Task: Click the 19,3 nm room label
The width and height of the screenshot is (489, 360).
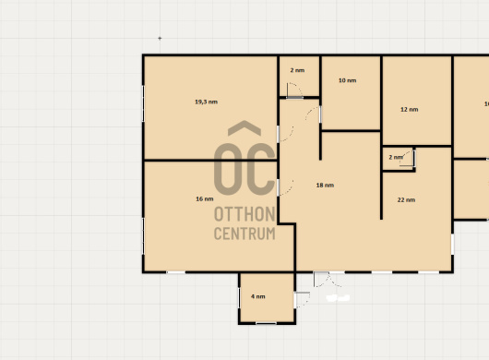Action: click(x=206, y=102)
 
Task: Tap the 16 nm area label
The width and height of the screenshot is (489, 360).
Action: click(x=205, y=198)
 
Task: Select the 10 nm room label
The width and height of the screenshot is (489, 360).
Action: click(x=348, y=80)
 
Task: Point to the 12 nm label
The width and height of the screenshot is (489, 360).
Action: click(x=409, y=110)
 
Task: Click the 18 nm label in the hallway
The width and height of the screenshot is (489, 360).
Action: click(x=325, y=186)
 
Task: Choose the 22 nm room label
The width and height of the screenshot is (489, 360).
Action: click(x=406, y=200)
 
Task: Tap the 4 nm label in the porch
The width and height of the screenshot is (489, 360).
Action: click(x=258, y=296)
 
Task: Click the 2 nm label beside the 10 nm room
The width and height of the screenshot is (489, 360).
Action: click(x=297, y=70)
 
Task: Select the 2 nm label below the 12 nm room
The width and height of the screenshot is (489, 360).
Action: click(x=396, y=157)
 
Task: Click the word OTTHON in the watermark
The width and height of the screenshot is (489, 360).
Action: click(x=244, y=214)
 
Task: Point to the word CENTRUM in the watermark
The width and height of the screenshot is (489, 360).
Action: click(x=244, y=234)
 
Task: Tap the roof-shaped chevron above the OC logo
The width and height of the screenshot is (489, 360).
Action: click(x=244, y=128)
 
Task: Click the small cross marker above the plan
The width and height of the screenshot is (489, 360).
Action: click(x=160, y=39)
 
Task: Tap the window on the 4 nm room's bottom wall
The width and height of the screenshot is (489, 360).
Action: click(x=266, y=323)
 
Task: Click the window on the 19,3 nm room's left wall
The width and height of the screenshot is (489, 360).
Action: click(x=143, y=103)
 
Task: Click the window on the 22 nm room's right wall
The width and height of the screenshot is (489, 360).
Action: click(x=452, y=245)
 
